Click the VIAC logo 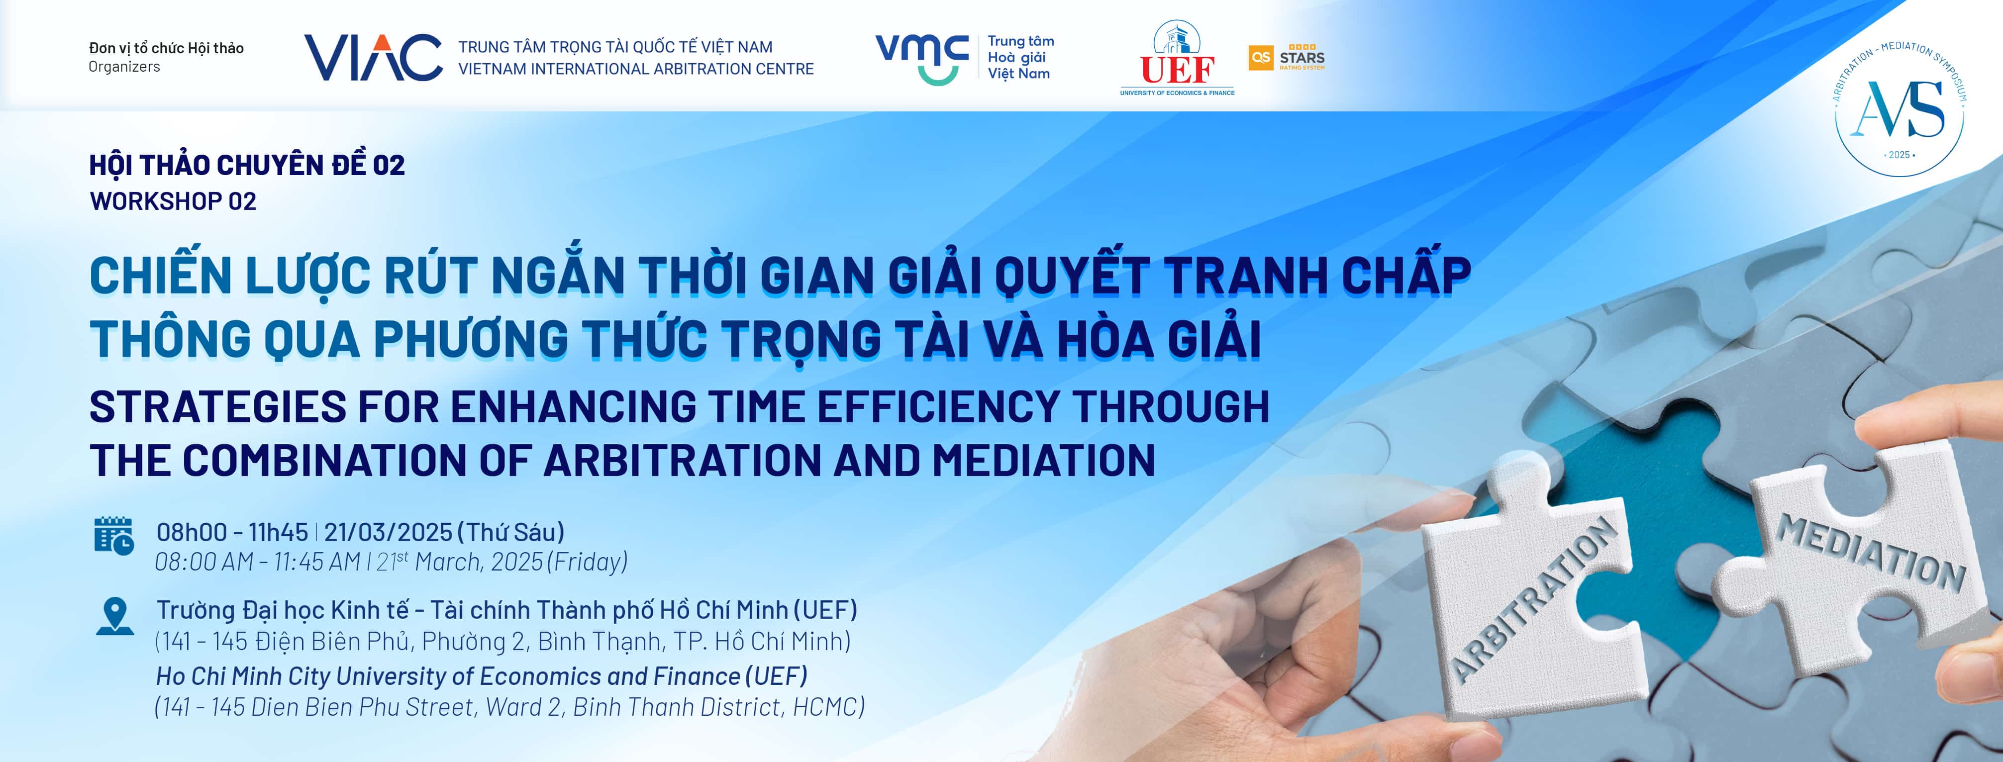373,58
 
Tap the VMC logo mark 922,58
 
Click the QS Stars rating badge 1286,58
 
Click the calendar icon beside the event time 113,536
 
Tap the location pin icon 115,616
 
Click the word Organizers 124,67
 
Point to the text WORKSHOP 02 173,201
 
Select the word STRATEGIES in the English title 218,407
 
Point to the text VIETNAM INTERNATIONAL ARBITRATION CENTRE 636,69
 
